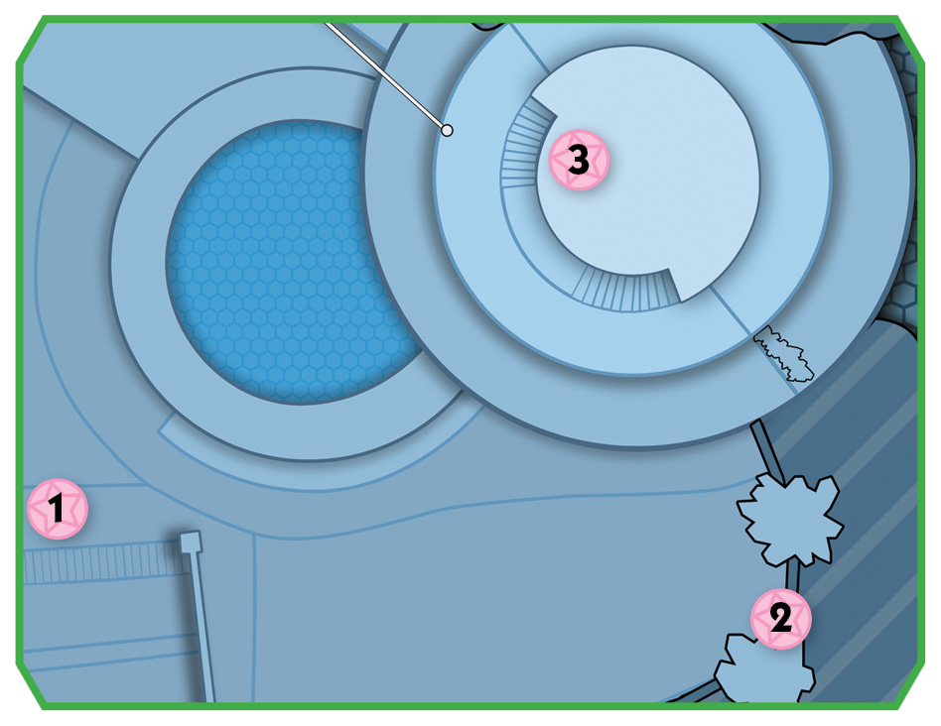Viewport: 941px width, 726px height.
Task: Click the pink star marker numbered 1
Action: (x=58, y=509)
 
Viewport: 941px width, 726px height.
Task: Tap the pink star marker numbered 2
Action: (x=781, y=619)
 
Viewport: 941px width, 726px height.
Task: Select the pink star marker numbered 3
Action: (x=579, y=160)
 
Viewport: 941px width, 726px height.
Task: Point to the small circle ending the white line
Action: (x=447, y=130)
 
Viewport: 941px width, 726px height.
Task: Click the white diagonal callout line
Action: (x=385, y=76)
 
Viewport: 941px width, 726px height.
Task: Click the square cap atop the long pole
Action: (x=191, y=542)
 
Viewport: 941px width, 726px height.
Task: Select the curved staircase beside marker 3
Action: (x=523, y=144)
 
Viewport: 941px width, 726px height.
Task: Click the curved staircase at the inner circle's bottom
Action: (x=624, y=291)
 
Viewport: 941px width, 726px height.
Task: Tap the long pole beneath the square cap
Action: (x=202, y=627)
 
